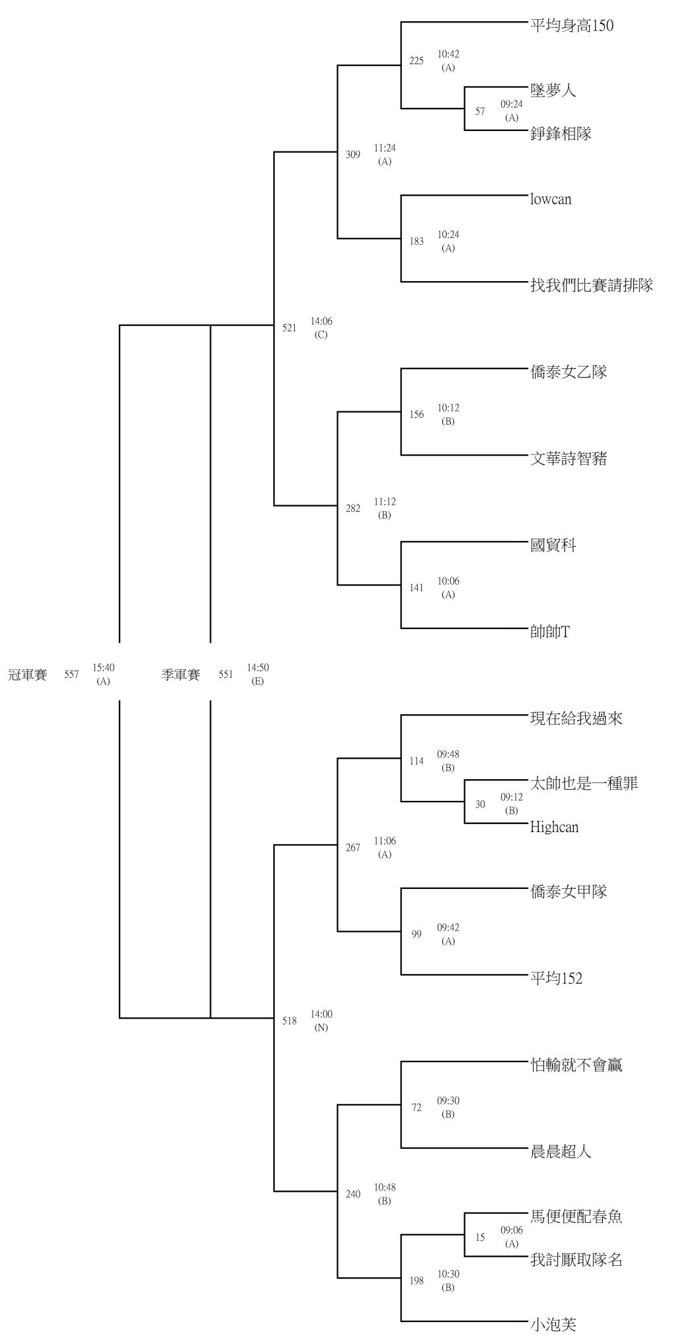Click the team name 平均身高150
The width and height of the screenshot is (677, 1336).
572,26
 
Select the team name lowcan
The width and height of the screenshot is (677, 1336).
551,199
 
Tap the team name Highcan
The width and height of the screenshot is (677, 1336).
554,827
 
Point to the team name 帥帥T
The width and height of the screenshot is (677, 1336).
550,632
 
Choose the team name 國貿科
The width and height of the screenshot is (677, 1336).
553,545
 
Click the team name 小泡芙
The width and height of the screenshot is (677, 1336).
553,1324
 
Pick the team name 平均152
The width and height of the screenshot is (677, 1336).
556,978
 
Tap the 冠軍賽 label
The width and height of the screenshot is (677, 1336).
27,675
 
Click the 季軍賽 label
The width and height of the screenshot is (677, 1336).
180,675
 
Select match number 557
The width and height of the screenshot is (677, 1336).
71,675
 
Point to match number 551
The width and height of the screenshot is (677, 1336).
226,675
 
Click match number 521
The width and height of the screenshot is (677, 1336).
290,328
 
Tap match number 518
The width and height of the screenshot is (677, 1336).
290,1021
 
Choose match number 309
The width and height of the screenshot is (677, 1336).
353,155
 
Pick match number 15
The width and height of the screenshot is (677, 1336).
480,1237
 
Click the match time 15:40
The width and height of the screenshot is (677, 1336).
103,668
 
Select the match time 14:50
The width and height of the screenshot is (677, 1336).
258,668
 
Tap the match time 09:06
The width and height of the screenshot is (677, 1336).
512,1230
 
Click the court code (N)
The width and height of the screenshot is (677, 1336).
321,1028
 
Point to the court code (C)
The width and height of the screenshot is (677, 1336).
321,335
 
